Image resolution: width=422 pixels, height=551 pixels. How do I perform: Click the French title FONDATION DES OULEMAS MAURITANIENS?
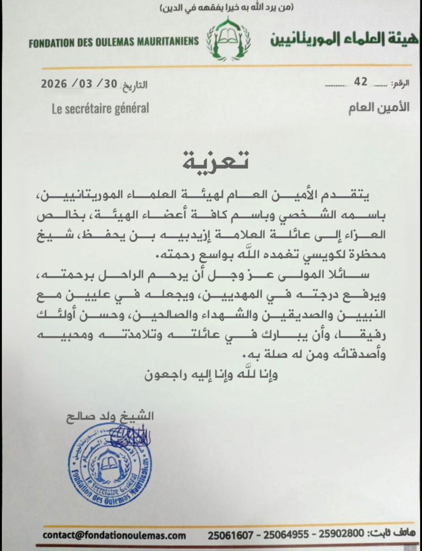114,42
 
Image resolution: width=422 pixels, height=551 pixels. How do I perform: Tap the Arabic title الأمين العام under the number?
379,108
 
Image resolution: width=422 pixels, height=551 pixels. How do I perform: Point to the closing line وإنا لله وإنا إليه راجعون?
211,374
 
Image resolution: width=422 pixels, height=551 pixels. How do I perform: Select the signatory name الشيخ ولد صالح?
110,416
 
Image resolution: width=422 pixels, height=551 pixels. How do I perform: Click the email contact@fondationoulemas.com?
115,536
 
